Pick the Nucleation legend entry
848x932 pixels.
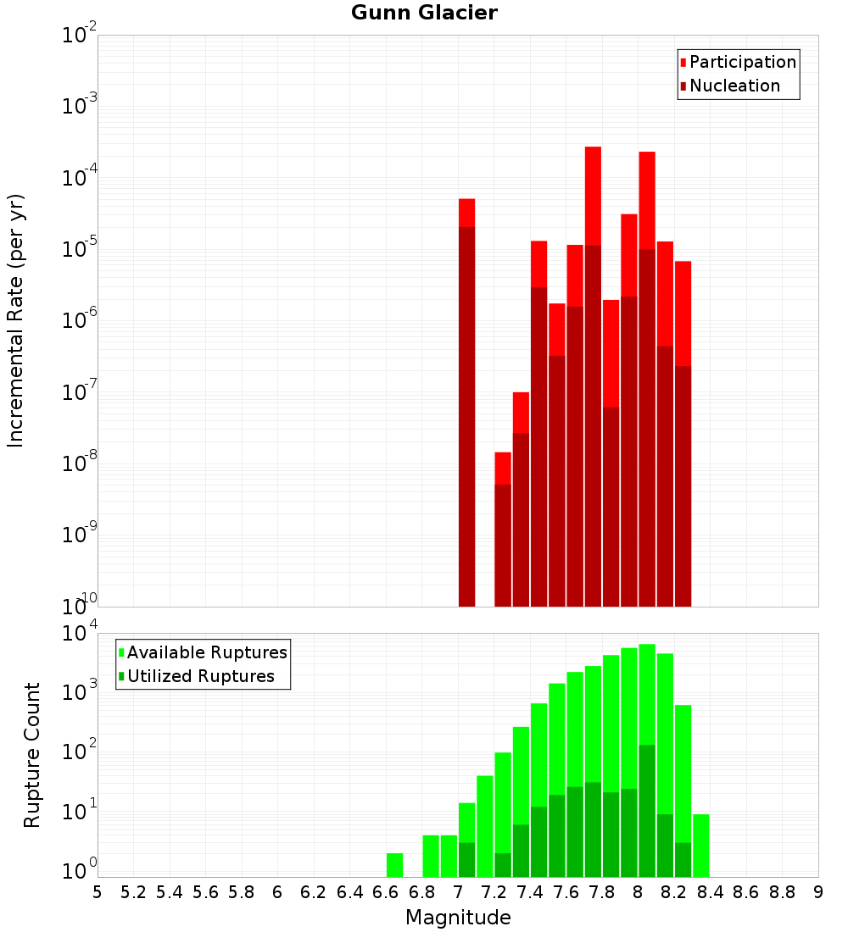pyautogui.click(x=734, y=86)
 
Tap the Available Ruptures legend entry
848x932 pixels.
pyautogui.click(x=206, y=652)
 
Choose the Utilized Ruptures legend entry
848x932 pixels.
pyautogui.click(x=200, y=676)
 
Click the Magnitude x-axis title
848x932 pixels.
pyautogui.click(x=458, y=917)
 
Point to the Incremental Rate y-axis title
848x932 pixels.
pyautogui.click(x=16, y=320)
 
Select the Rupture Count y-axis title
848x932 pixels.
pyautogui.click(x=32, y=754)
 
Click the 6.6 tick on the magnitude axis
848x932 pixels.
pyautogui.click(x=385, y=891)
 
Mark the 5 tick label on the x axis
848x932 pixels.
pyautogui.click(x=98, y=891)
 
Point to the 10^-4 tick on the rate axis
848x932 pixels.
pyautogui.click(x=80, y=178)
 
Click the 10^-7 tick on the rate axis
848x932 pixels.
pyautogui.click(x=80, y=392)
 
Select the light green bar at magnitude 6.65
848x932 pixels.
pyautogui.click(x=394, y=864)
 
